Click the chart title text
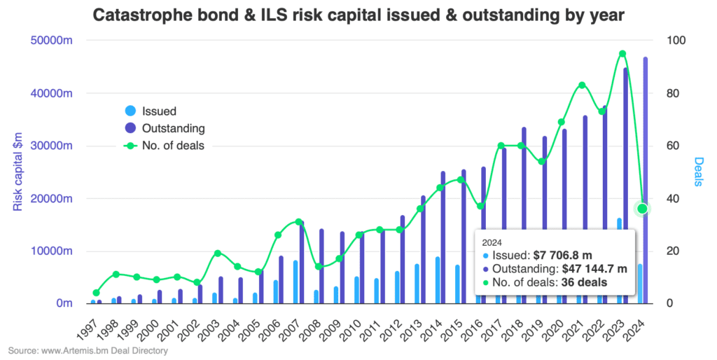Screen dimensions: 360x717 point(358,15)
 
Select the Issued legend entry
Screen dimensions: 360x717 point(158,111)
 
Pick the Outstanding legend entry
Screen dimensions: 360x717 point(172,128)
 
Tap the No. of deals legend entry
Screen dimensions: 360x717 point(172,146)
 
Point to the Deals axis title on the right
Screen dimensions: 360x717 point(698,172)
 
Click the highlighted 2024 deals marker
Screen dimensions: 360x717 point(642,209)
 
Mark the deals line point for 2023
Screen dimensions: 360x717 point(622,54)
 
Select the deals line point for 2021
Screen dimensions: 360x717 point(582,85)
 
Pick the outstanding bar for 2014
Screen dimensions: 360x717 point(443,237)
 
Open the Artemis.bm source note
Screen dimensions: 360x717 point(88,350)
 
